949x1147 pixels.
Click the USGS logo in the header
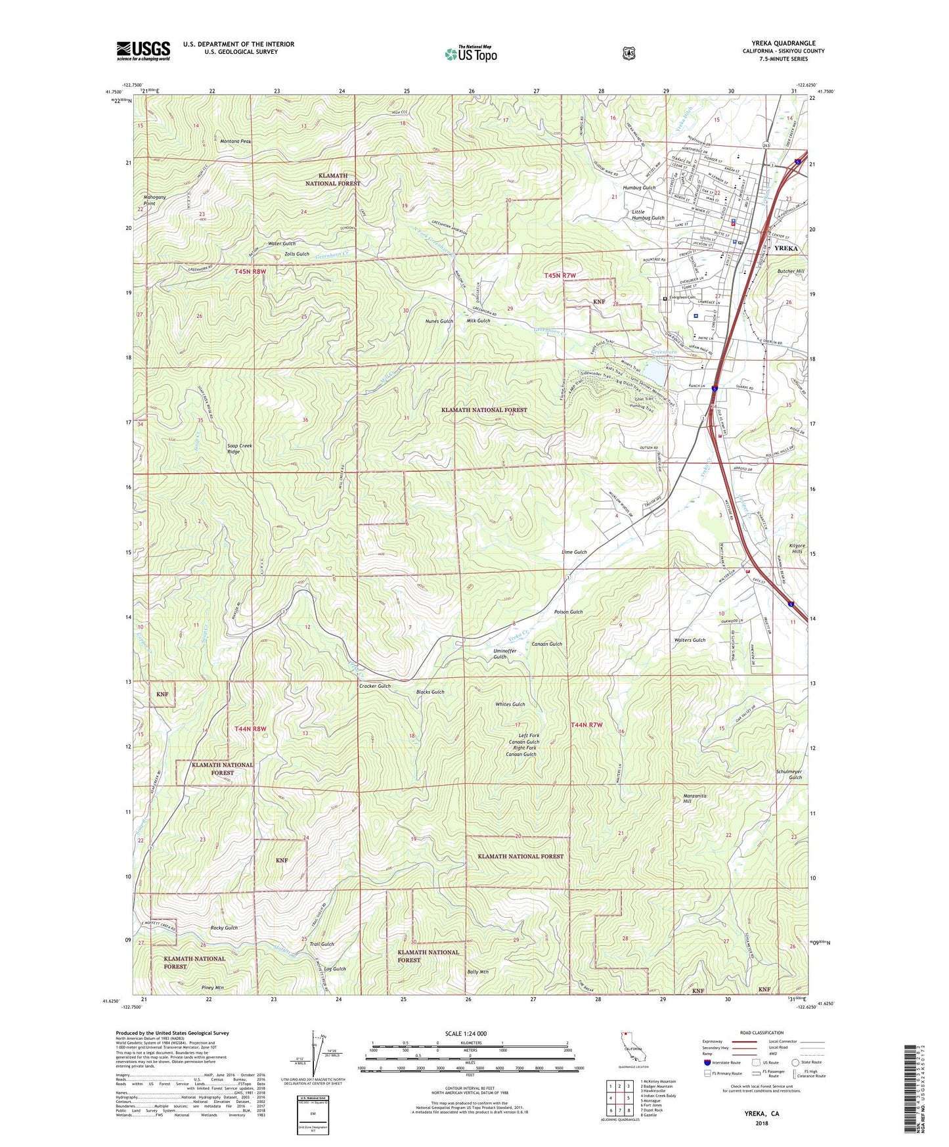(143, 51)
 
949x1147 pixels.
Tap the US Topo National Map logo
(471, 54)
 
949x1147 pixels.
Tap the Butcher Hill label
(791, 271)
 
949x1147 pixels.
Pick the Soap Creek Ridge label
(240, 449)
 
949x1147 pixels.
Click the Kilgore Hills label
(797, 549)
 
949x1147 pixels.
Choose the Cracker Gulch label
(374, 686)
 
